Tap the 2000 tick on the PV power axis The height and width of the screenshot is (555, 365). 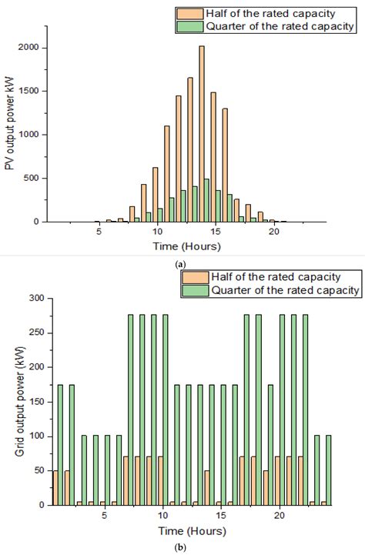click(x=30, y=48)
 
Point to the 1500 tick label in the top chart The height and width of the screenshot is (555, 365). click(x=30, y=91)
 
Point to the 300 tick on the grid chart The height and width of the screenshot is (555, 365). click(x=34, y=297)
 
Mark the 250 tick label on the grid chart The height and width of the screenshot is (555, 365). click(x=34, y=332)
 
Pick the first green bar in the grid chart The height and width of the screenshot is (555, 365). click(x=60, y=445)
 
